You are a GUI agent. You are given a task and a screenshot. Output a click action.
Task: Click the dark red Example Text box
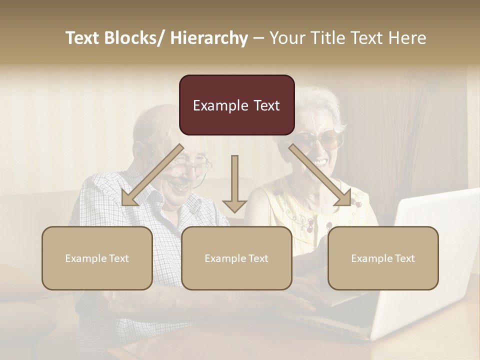[236, 105]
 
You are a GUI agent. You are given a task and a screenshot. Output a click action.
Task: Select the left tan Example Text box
[97, 258]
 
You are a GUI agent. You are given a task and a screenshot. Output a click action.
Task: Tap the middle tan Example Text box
[236, 258]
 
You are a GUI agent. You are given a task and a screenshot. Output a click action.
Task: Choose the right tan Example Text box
[383, 258]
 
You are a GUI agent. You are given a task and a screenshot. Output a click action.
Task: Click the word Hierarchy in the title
[209, 38]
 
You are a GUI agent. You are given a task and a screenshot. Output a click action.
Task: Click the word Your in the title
[286, 38]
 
